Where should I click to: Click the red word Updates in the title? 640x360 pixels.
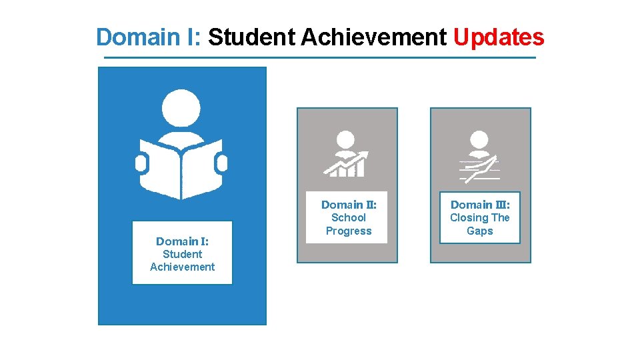point(499,37)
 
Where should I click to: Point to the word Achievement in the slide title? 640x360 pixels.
point(374,37)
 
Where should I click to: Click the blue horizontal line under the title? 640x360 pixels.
point(320,58)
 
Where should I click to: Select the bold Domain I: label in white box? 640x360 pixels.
point(182,241)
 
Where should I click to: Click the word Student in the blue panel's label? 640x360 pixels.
point(182,254)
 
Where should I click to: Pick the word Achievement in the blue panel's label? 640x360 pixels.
point(182,267)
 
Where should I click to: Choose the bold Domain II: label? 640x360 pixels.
point(349,205)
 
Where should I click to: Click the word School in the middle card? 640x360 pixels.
point(349,217)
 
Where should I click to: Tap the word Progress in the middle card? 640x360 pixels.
point(349,231)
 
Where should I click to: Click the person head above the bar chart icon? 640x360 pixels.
point(345,139)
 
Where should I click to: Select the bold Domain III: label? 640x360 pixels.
point(480,205)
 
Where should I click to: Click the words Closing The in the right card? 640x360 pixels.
point(480,217)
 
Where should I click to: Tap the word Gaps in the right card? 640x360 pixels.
point(480,231)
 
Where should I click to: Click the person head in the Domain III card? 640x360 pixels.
point(479,140)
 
